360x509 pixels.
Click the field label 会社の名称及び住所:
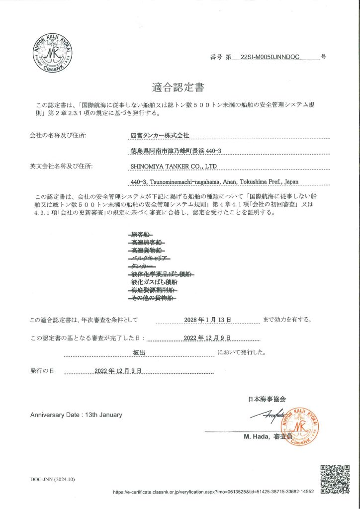(58, 135)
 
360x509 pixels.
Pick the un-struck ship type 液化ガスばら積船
(152, 281)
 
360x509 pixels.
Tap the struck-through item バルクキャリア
(150, 258)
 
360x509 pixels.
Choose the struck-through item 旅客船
(141, 234)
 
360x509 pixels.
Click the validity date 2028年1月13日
(207, 319)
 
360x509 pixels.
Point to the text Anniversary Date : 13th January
(76, 415)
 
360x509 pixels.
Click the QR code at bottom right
(335, 478)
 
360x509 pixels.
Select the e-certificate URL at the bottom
(213, 492)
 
